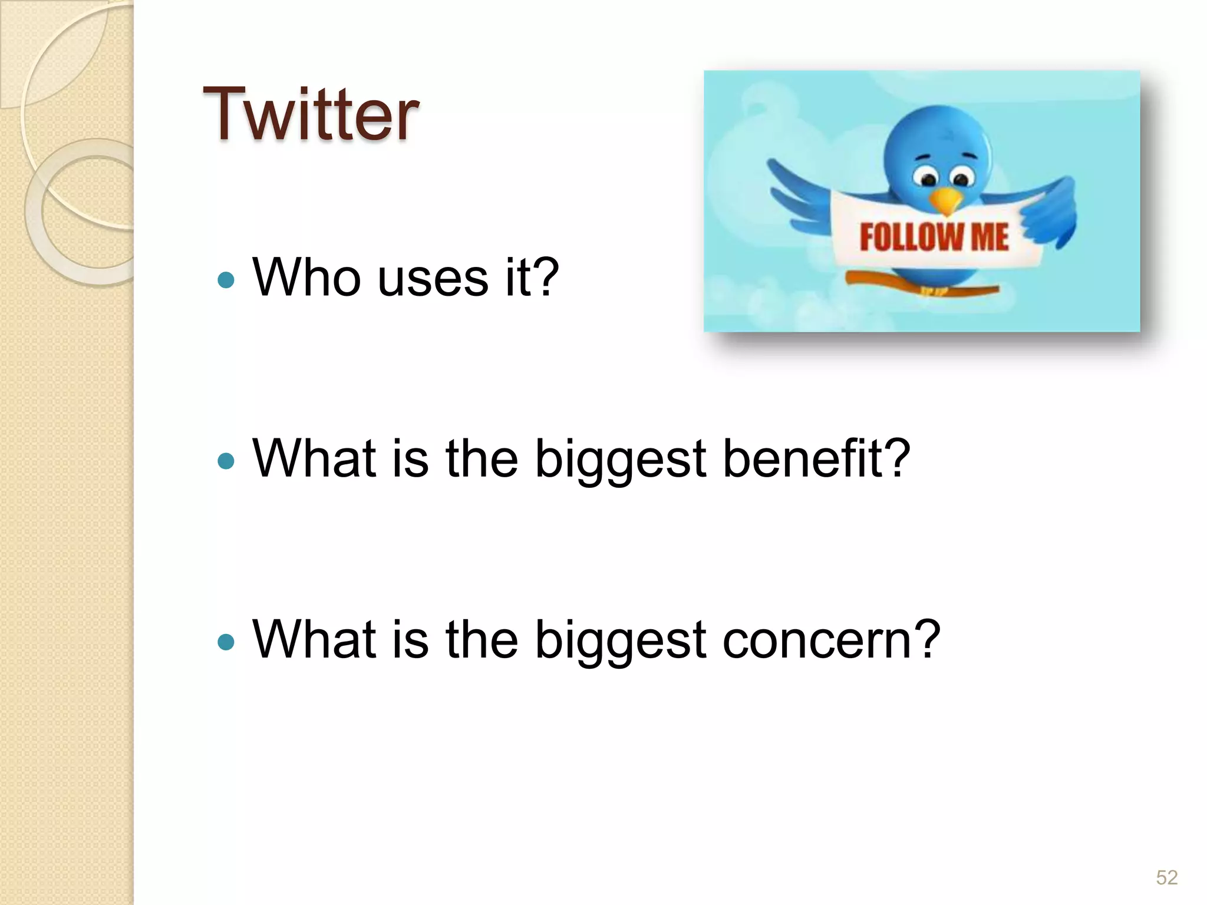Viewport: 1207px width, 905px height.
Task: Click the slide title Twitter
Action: pyautogui.click(x=311, y=114)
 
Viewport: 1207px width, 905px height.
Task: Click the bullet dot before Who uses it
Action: pyautogui.click(x=226, y=279)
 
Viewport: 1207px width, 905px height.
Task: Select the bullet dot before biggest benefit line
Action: pyautogui.click(x=226, y=460)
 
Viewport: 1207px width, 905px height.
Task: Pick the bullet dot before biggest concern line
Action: pyautogui.click(x=226, y=641)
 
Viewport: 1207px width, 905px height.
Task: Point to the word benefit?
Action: pyautogui.click(x=816, y=458)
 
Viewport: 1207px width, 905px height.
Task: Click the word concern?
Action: pyautogui.click(x=831, y=640)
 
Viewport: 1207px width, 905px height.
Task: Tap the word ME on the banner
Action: pyautogui.click(x=990, y=237)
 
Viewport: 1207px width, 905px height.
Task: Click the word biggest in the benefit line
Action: pyautogui.click(x=620, y=460)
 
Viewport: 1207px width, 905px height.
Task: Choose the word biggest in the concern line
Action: pyautogui.click(x=620, y=641)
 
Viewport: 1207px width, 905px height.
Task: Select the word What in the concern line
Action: pyautogui.click(x=314, y=639)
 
